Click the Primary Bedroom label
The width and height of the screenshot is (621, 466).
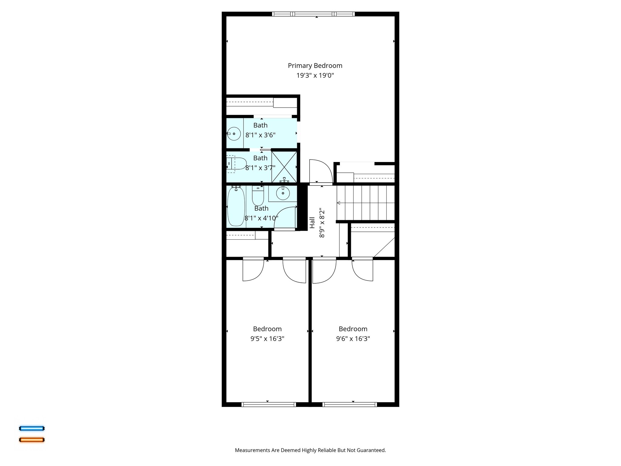[x=315, y=66]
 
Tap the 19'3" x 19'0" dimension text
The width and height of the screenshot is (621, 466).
[x=315, y=75]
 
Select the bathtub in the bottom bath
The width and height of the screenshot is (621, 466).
[x=236, y=207]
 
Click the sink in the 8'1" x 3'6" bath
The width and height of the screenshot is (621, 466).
[x=234, y=133]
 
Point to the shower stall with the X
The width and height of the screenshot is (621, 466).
[x=284, y=167]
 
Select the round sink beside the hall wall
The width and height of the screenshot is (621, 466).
[x=283, y=193]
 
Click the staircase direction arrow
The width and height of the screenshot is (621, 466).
[x=339, y=203]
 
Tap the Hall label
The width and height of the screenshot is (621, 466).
[x=312, y=222]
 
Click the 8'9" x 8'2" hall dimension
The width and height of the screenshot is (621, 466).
[x=322, y=222]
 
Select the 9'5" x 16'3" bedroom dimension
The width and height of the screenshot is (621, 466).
[x=267, y=339]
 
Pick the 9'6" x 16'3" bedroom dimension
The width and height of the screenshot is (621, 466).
[x=353, y=339]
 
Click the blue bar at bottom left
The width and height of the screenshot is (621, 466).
[x=32, y=428]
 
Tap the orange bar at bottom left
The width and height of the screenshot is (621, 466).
[x=32, y=440]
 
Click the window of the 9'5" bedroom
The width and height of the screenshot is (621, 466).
[x=269, y=404]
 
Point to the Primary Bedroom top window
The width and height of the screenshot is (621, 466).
[x=313, y=14]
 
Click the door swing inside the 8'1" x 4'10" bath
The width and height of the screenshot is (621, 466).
[x=285, y=218]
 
